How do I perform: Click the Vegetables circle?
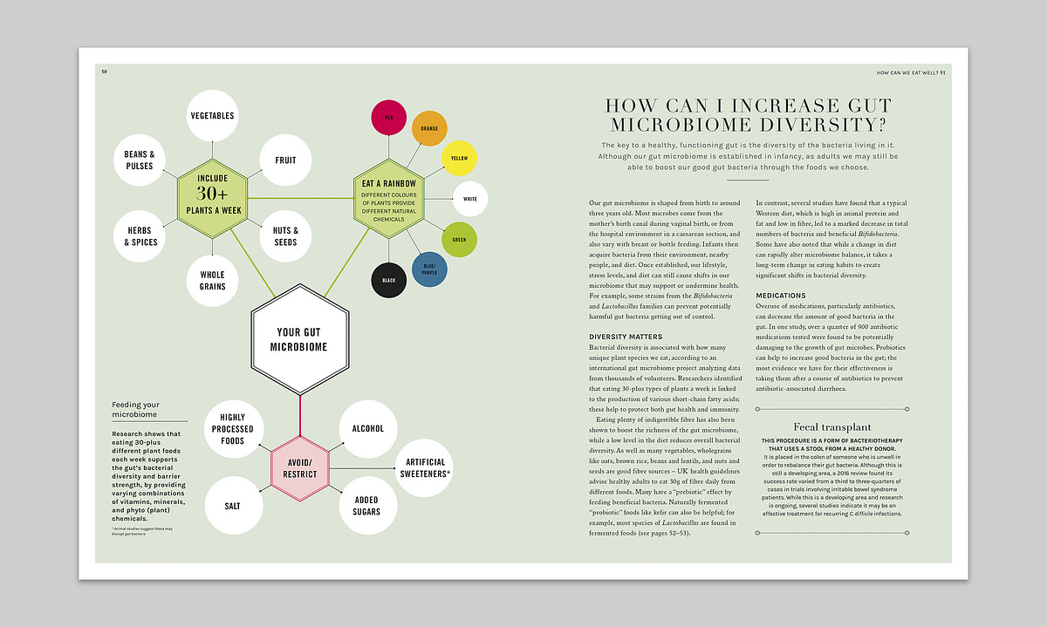(x=212, y=116)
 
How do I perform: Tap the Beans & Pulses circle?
(x=139, y=160)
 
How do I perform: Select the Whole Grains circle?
(x=212, y=281)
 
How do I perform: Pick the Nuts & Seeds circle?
(x=285, y=236)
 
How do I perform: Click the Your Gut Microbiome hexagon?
(x=300, y=339)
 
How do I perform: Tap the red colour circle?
(x=389, y=118)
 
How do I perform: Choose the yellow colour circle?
(x=459, y=158)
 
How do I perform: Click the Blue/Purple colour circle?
(x=428, y=269)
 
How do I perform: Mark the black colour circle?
(x=389, y=281)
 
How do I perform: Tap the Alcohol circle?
(x=367, y=428)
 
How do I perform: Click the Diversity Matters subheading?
(x=626, y=337)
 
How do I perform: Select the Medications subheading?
(x=781, y=296)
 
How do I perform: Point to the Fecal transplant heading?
(x=832, y=427)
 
